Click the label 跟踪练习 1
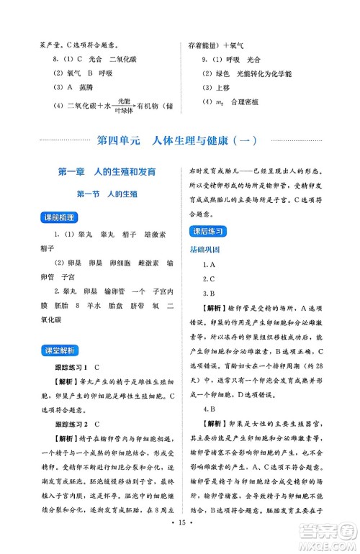coord(77,367)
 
